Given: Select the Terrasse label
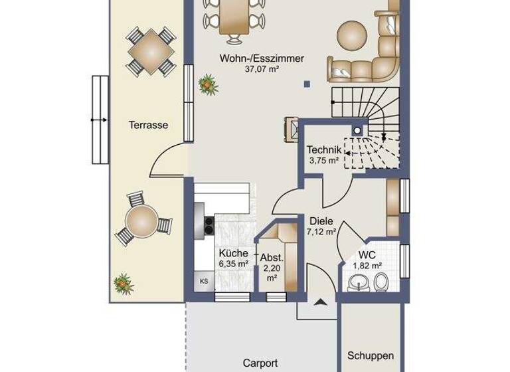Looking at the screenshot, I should [147, 124].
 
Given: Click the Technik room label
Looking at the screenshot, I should [324, 149].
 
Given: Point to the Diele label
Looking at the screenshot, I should [320, 222].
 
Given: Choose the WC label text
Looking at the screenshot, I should [367, 254].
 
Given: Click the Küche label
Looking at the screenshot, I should [233, 253].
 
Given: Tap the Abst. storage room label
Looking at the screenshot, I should [272, 257].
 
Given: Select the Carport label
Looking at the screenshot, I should [260, 363].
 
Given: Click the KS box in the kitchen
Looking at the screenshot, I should [203, 282].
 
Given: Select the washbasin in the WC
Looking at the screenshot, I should [357, 285].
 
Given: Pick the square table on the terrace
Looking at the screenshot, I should [150, 50].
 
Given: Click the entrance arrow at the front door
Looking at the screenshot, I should [320, 302].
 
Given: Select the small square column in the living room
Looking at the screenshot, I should [306, 84].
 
